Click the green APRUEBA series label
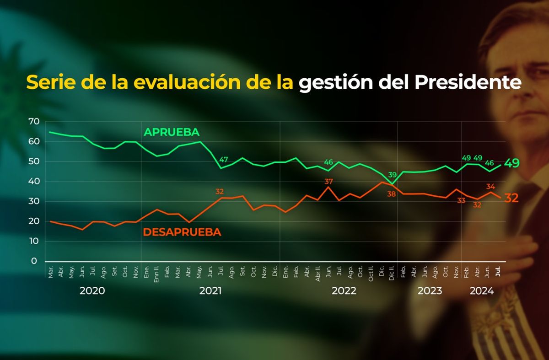click(x=172, y=132)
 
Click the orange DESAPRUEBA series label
click(x=182, y=232)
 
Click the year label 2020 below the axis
click(x=92, y=291)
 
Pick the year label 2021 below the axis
click(x=210, y=291)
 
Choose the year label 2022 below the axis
click(x=344, y=291)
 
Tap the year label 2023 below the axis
click(x=430, y=291)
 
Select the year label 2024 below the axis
click(x=481, y=291)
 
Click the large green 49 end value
click(x=511, y=163)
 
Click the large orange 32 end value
click(x=511, y=198)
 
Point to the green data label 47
click(x=224, y=160)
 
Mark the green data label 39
click(x=393, y=175)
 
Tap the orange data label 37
click(x=328, y=182)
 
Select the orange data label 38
click(x=391, y=194)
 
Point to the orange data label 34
click(x=490, y=186)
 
